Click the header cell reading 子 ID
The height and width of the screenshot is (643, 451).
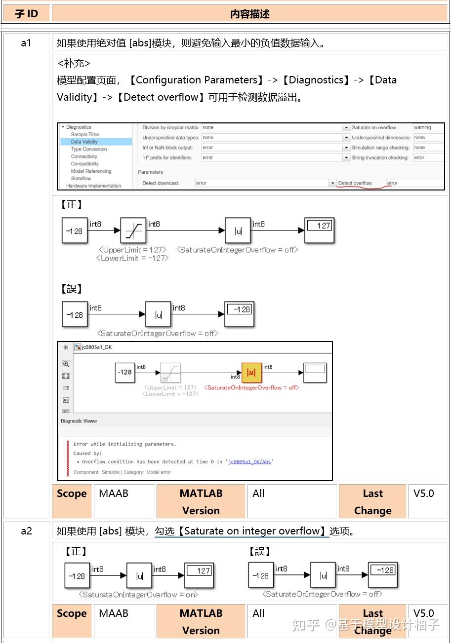26,14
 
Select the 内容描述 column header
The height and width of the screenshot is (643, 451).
249,14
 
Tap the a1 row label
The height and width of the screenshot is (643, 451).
26,43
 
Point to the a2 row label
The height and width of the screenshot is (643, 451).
26,531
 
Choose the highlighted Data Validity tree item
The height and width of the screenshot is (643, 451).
84,142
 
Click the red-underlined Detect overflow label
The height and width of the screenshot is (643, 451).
355,183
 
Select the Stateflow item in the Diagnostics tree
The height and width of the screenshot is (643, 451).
81,179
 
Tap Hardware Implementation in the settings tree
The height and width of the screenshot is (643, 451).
93,186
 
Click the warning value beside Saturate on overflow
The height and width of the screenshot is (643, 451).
422,127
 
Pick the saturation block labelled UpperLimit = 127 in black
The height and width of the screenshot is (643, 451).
133,230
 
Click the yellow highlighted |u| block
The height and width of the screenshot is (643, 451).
251,373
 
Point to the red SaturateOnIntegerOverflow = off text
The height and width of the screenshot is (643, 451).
251,388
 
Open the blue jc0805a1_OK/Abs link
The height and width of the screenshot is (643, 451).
249,462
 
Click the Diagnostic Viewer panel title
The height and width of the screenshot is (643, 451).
79,421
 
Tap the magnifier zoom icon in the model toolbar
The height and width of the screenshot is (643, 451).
66,364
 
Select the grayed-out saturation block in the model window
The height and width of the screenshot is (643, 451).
170,373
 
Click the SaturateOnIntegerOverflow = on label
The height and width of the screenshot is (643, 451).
138,595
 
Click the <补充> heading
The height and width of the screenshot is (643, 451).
74,64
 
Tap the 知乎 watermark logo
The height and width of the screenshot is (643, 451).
305,625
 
